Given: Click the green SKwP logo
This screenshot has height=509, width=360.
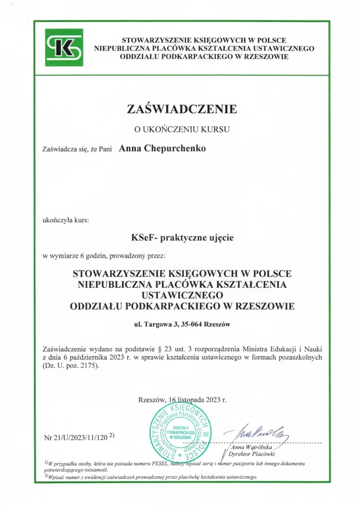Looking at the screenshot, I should [x=64, y=47].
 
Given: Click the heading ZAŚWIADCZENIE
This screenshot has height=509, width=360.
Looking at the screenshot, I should [x=182, y=109].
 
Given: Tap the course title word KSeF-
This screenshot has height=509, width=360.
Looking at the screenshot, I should [x=143, y=238].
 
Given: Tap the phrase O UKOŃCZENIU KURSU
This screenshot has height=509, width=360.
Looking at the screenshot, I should [x=182, y=130].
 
